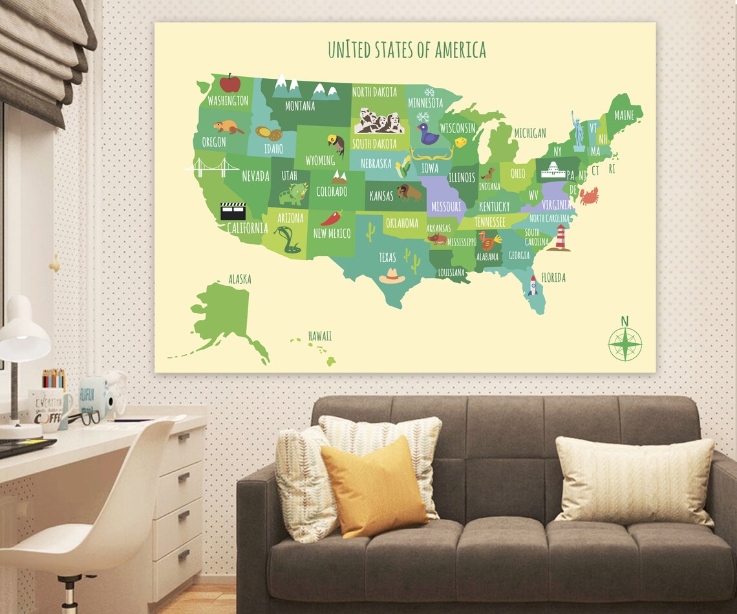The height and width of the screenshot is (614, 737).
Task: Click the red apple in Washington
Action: pos(230,83)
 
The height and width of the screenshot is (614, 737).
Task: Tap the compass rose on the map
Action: pos(625,343)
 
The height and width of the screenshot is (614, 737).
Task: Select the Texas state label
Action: pos(387,257)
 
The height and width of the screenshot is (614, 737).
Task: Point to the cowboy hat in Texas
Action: pos(392,276)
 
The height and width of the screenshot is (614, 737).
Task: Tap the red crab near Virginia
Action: pos(588,195)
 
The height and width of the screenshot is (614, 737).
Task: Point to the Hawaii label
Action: pos(319,336)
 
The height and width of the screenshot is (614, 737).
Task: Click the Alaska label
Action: pos(239,279)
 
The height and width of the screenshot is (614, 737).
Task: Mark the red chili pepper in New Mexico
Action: pos(332,218)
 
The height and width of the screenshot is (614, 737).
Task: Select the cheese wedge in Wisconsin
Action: pos(461,142)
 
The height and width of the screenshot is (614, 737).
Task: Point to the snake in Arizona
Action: pos(288,240)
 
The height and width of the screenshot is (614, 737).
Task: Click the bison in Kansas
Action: pos(409,193)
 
